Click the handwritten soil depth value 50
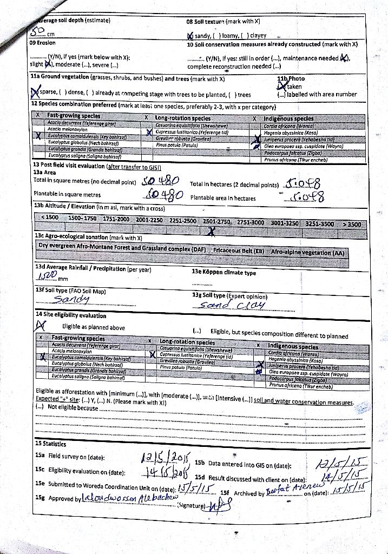tap(36, 31)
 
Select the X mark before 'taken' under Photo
tap(280, 86)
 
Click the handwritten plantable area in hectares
tap(306, 197)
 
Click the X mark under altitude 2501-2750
tap(213, 232)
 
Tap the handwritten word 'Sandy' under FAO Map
tap(73, 299)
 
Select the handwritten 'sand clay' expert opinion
tap(232, 305)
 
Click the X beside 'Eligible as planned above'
tap(40, 325)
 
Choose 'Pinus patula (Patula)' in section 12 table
tap(177, 145)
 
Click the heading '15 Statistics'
tap(51, 444)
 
